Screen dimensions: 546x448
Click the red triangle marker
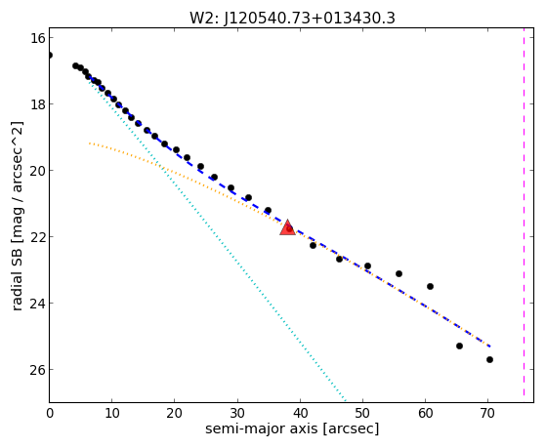pos(287,227)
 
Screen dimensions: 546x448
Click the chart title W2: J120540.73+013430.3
pos(292,19)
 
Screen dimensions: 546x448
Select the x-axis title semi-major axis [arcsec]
pos(292,428)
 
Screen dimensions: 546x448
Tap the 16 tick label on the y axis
pos(37,38)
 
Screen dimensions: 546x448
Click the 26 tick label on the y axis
pos(37,370)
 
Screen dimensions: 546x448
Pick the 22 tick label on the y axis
pos(37,237)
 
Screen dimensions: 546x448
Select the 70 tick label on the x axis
pos(487,414)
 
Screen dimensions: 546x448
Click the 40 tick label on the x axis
pos(300,414)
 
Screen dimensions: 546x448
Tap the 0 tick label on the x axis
pos(50,414)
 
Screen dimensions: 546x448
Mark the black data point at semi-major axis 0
pos(50,55)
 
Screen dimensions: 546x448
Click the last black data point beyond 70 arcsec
pos(489,359)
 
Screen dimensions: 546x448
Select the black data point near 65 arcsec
pos(459,346)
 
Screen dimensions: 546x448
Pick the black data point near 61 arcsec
pos(430,287)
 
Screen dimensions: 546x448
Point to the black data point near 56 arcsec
pos(399,274)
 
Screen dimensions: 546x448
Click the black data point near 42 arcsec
pos(313,245)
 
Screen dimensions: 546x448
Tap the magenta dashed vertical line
pos(524,216)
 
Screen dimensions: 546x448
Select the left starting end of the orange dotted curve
pos(90,143)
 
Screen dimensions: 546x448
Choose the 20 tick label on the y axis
pos(37,171)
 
